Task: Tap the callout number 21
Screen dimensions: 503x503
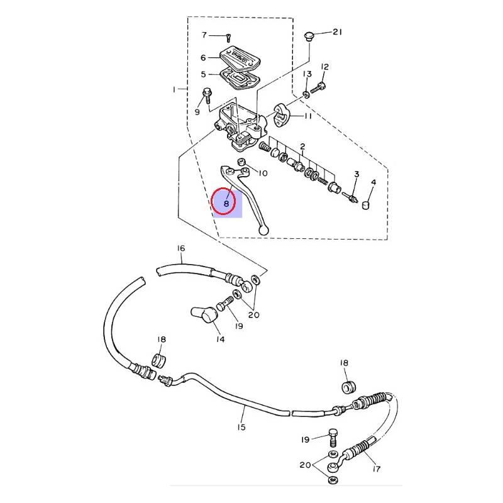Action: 337,32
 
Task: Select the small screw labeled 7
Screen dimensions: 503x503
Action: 228,38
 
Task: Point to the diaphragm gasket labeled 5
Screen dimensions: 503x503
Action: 240,78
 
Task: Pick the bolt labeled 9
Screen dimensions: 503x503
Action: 206,95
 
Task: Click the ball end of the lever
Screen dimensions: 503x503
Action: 263,230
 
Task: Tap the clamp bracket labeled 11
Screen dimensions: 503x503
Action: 281,115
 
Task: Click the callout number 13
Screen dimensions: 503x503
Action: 307,74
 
